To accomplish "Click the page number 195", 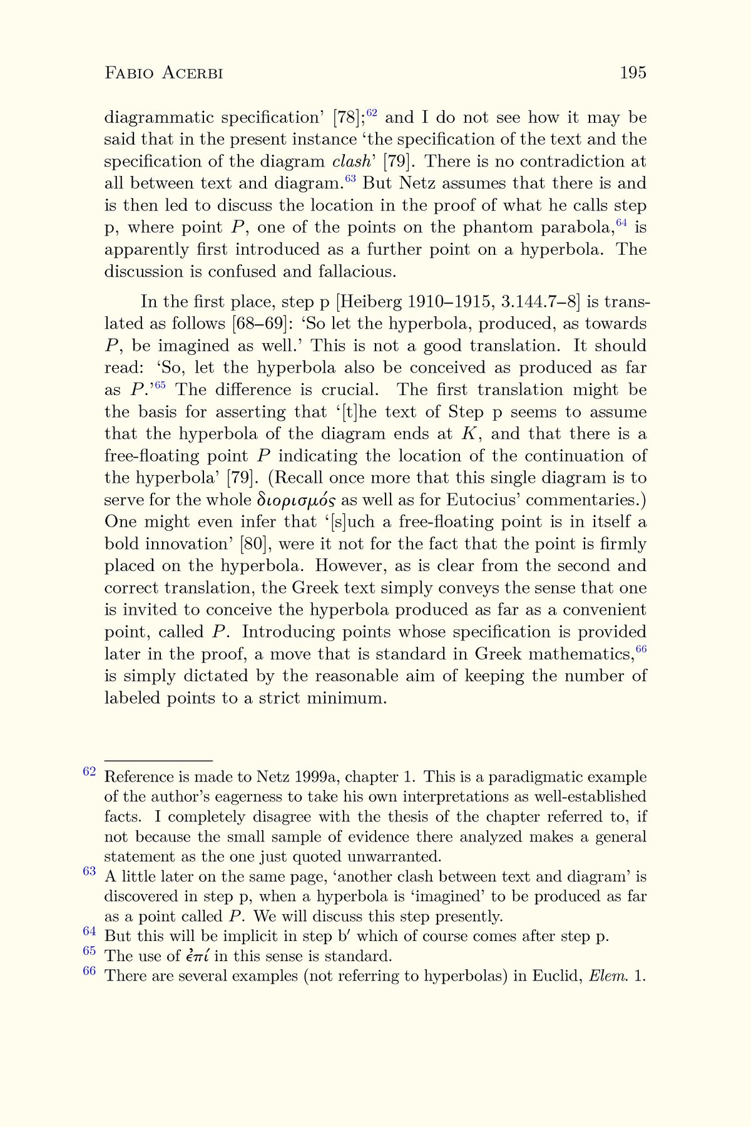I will (x=633, y=73).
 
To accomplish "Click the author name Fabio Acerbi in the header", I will (x=163, y=73).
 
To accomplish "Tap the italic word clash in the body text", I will (x=352, y=162).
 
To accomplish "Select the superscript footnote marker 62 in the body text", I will (x=372, y=113).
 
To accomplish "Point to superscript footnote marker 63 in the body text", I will (x=350, y=180).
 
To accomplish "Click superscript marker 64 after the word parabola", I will (x=621, y=224).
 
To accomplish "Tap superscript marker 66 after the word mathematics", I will (x=641, y=650).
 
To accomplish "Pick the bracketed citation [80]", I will (x=255, y=544).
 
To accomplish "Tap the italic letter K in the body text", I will (x=468, y=434).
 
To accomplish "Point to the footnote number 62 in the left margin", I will (x=89, y=771).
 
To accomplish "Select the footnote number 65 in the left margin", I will (x=89, y=951).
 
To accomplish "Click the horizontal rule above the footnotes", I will (x=158, y=760).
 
